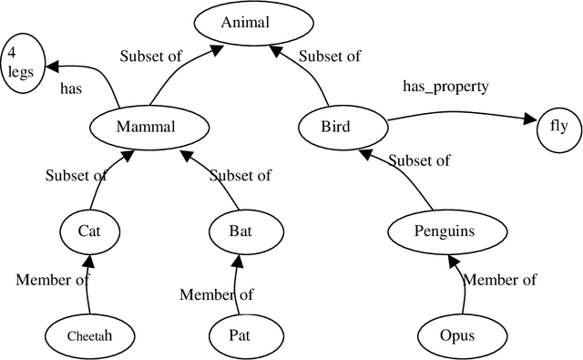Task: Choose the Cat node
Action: (x=88, y=231)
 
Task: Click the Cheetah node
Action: (x=88, y=335)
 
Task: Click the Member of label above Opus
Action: (x=500, y=280)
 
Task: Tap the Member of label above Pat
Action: (x=216, y=293)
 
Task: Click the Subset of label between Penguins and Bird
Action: (x=419, y=160)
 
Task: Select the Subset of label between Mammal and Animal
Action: (x=151, y=56)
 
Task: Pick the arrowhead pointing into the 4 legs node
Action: (x=54, y=67)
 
